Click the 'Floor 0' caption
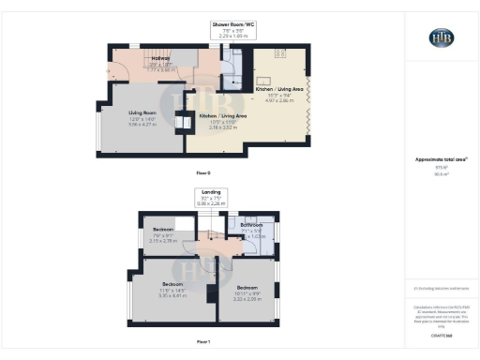point(203,173)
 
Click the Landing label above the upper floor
point(209,191)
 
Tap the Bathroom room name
point(251,225)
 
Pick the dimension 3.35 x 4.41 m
point(172,292)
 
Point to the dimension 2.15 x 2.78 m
point(163,240)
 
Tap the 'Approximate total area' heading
point(441,160)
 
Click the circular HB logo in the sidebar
point(441,37)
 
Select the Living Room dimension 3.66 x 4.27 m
point(142,123)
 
